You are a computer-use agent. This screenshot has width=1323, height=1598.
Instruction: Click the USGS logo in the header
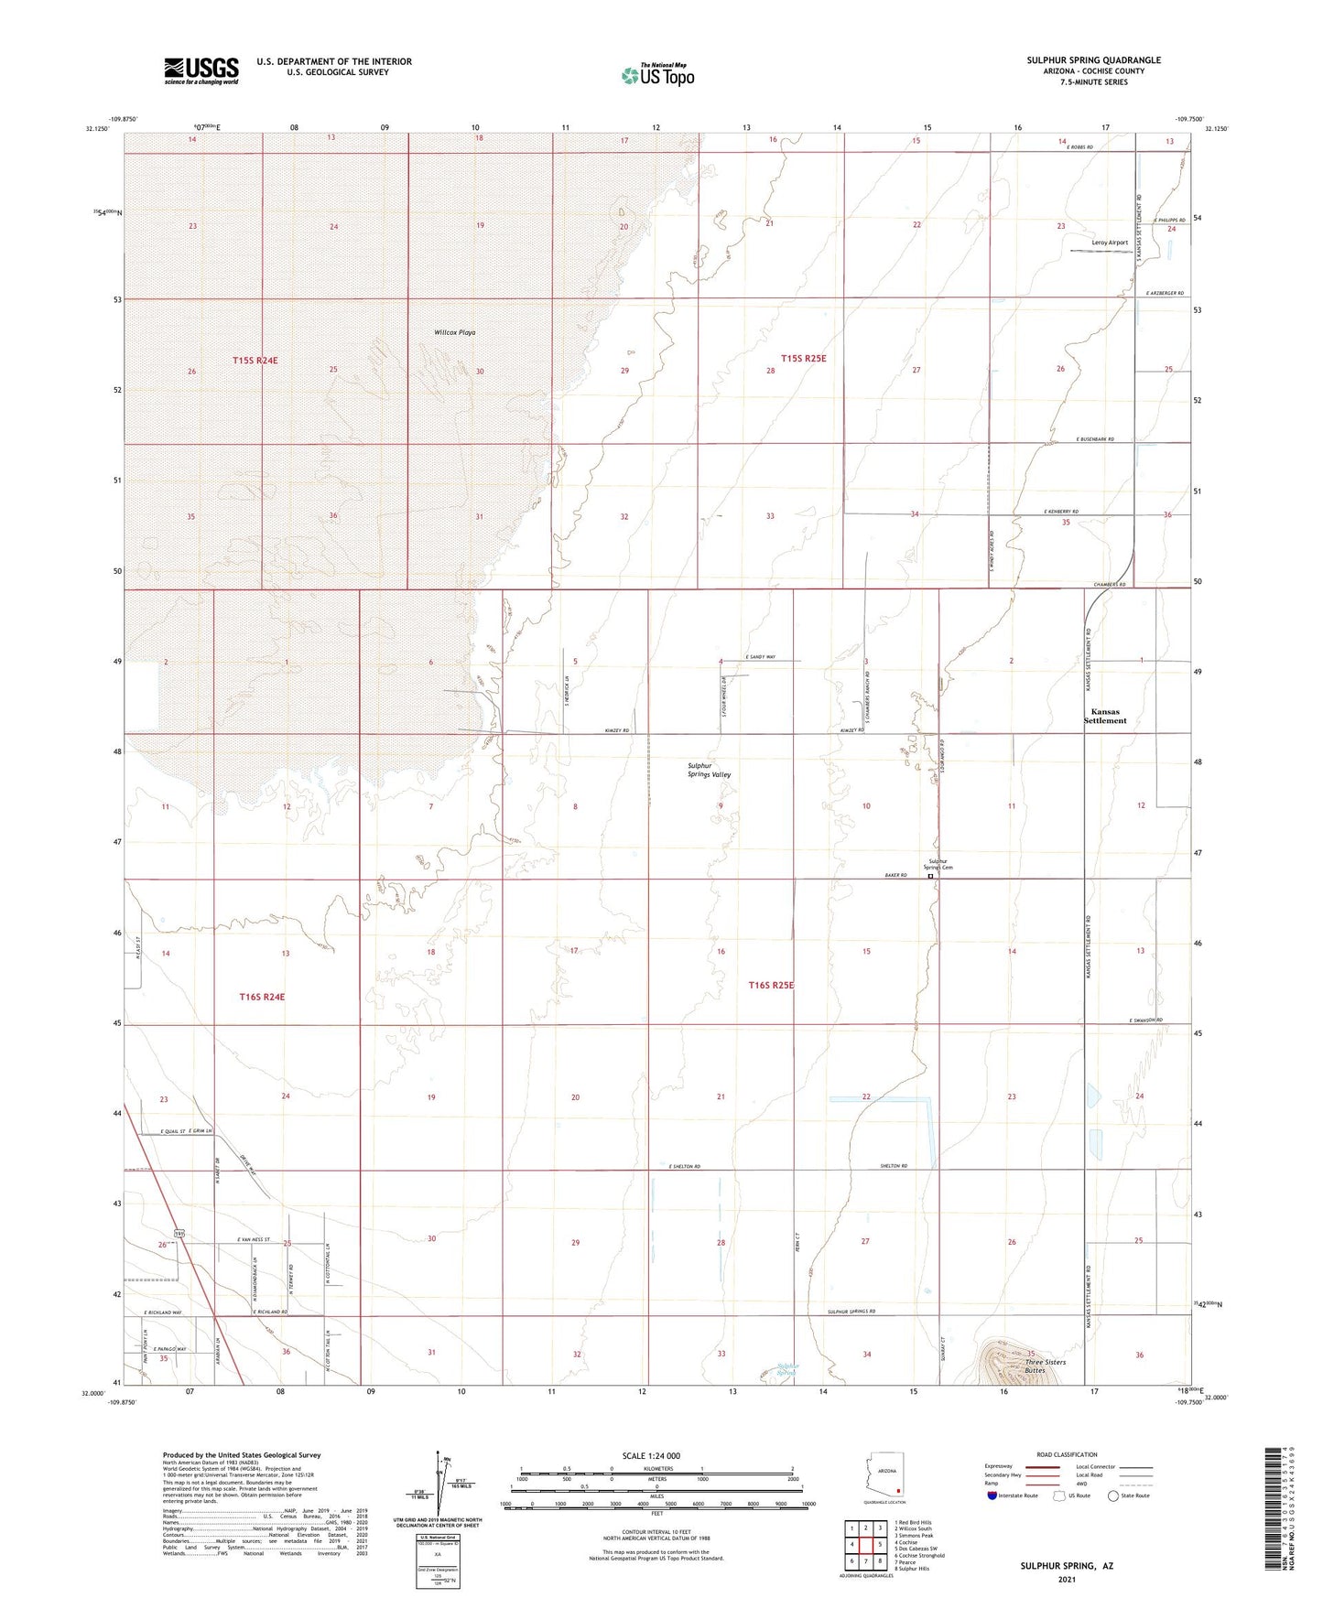click(201, 70)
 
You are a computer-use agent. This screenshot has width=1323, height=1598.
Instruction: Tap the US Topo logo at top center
click(656, 75)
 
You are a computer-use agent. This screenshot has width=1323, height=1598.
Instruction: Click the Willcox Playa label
click(454, 332)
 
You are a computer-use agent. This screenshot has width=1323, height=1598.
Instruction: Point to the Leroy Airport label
click(1110, 243)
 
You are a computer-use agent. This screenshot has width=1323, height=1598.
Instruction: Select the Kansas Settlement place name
click(1105, 716)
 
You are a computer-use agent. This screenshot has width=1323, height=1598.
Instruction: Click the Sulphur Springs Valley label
click(710, 770)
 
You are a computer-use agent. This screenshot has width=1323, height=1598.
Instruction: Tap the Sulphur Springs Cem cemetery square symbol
click(930, 876)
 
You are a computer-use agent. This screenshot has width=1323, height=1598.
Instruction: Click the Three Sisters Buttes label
click(1045, 1366)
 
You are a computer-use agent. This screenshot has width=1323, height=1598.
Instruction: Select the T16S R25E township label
click(771, 985)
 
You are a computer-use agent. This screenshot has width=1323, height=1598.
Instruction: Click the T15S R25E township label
click(803, 358)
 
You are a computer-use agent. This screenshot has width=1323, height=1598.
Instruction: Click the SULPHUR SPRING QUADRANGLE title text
click(1093, 59)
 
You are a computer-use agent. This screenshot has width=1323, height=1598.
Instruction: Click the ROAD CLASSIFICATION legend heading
click(1067, 1454)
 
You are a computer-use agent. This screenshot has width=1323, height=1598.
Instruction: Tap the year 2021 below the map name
click(1066, 1580)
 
